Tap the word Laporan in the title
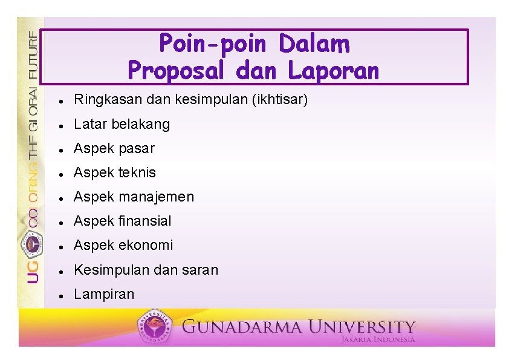click(x=333, y=71)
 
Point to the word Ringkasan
click(x=102, y=100)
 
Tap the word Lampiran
click(x=104, y=294)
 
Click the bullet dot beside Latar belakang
click(x=62, y=125)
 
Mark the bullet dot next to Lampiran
click(x=62, y=295)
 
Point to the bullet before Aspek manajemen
click(x=62, y=198)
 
